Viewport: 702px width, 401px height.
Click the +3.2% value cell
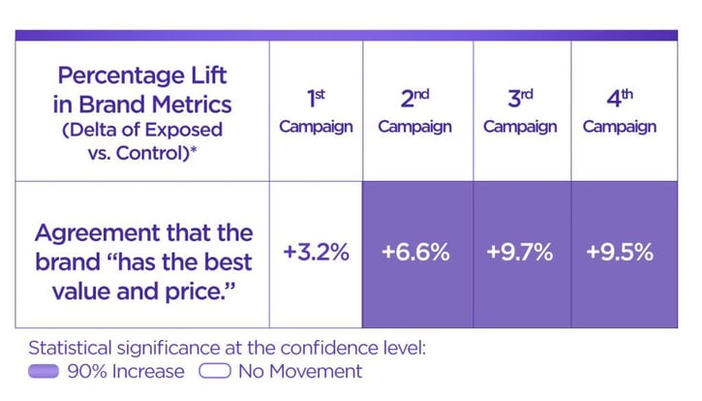[316, 253]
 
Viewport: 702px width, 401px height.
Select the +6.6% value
[415, 253]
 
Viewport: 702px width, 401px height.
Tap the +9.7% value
[520, 253]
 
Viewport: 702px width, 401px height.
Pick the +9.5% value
[620, 253]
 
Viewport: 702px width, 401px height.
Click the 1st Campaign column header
[316, 111]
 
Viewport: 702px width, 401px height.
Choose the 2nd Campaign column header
[415, 111]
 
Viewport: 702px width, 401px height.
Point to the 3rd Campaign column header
[520, 111]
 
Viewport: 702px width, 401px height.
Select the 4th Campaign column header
[620, 111]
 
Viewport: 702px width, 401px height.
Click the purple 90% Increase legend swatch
[45, 372]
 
